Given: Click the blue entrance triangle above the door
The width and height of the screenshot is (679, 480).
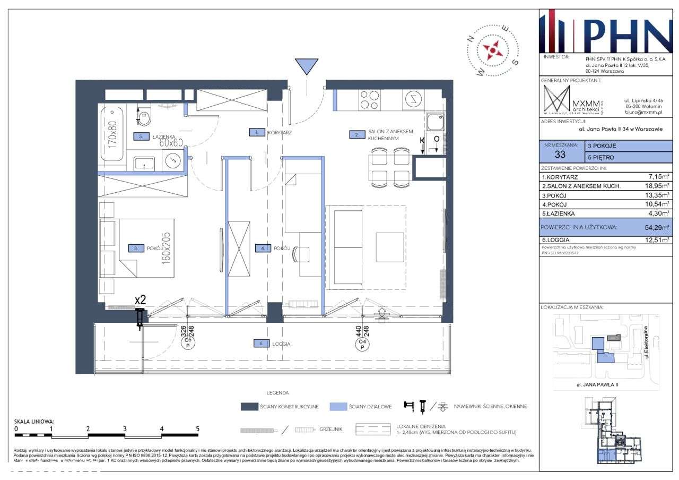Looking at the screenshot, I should [x=307, y=66].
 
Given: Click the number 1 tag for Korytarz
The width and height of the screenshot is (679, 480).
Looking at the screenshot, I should [x=257, y=133].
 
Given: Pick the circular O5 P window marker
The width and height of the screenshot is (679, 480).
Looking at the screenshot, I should [x=188, y=344].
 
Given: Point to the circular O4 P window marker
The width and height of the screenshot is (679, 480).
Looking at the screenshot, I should [x=362, y=344].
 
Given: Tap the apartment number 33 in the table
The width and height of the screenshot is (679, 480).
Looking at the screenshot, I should [x=560, y=155].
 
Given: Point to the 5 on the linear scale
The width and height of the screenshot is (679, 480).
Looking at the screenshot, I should [x=197, y=428].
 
